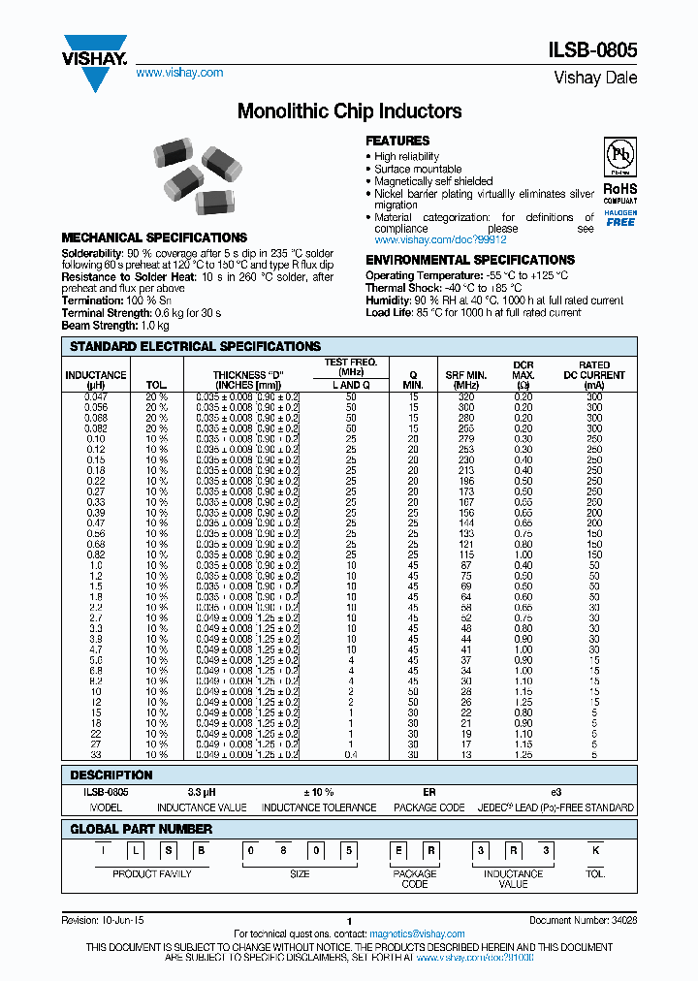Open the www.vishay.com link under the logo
(179, 73)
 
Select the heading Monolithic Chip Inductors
(349, 111)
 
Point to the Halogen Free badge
(620, 218)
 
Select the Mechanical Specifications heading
(154, 237)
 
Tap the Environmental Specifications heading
(470, 260)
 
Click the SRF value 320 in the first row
(466, 396)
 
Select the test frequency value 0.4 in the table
(351, 754)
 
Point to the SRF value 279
(466, 439)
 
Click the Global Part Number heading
(142, 829)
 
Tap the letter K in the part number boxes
(595, 852)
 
